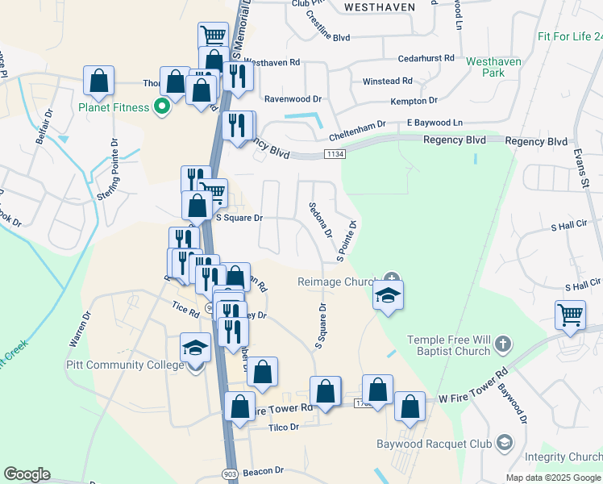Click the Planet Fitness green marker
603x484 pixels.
pyautogui.click(x=161, y=107)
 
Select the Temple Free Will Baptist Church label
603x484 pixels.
pyautogui.click(x=449, y=345)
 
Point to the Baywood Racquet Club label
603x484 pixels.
pyautogui.click(x=434, y=444)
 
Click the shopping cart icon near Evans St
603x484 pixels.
pyautogui.click(x=570, y=315)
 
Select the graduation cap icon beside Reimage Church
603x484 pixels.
pyautogui.click(x=388, y=296)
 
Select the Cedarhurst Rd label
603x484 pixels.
pyautogui.click(x=426, y=59)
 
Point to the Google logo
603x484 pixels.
pyautogui.click(x=27, y=474)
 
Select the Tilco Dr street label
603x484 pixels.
pyautogui.click(x=283, y=427)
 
